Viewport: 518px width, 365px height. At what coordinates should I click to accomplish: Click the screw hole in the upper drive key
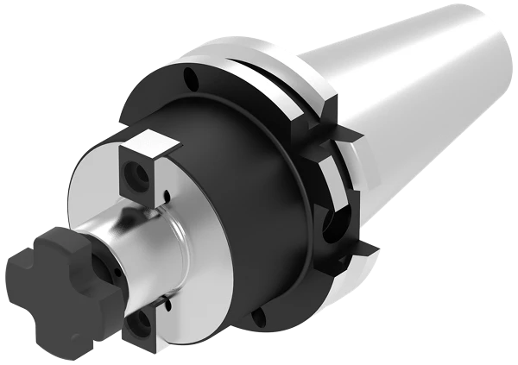pos(136,176)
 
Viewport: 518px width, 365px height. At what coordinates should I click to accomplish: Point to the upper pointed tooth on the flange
pos(350,134)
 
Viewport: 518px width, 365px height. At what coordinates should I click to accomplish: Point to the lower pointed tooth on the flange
pos(367,250)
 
